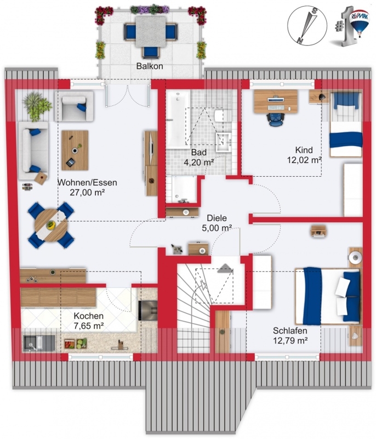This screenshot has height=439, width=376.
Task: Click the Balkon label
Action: click(x=150, y=66)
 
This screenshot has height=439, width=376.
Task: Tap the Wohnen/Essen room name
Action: click(x=87, y=183)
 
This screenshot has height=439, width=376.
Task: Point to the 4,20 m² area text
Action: click(x=199, y=162)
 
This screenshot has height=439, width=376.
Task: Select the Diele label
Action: click(x=217, y=218)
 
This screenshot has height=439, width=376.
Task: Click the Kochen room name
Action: click(x=89, y=316)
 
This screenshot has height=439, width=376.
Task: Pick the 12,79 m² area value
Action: click(x=290, y=340)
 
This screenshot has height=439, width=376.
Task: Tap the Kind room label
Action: click(x=304, y=150)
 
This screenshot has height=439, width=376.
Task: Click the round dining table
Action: click(x=51, y=225)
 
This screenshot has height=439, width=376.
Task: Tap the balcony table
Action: click(x=151, y=31)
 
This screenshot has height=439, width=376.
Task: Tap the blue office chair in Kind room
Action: click(x=276, y=119)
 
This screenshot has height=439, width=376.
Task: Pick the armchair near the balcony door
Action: click(x=74, y=106)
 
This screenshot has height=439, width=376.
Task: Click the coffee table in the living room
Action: click(x=75, y=150)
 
